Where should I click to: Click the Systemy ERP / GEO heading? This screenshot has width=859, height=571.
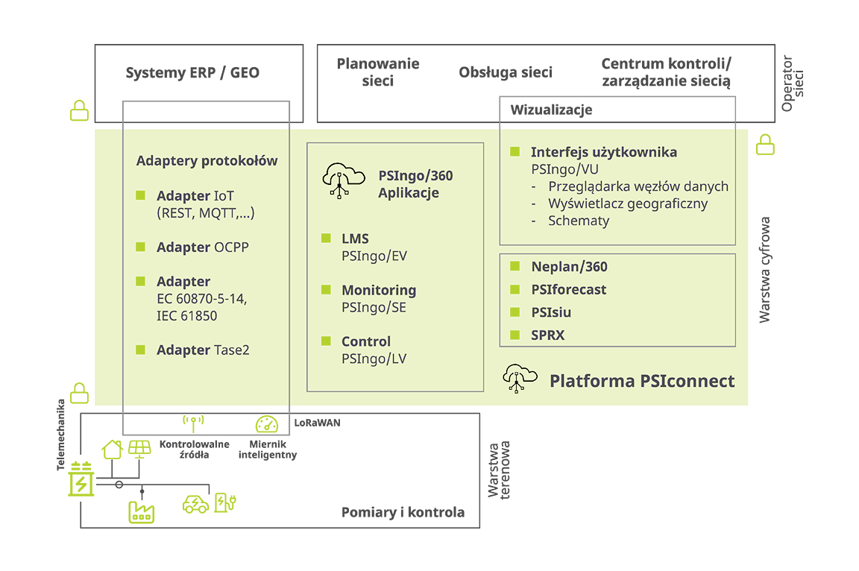192,73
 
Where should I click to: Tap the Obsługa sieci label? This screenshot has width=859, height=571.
506,72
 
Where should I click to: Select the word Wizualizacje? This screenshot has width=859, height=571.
551,110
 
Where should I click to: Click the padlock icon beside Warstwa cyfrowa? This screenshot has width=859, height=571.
765,145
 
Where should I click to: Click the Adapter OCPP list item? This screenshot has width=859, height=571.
203,247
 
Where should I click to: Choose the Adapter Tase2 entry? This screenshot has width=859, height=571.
203,350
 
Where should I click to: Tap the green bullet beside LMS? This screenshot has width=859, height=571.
326,238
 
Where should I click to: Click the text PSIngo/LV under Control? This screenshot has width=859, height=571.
374,359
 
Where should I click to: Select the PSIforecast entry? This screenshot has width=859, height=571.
569,290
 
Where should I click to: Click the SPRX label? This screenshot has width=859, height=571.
548,335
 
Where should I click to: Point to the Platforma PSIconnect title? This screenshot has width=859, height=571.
642,381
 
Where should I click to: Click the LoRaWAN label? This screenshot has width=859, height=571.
317,423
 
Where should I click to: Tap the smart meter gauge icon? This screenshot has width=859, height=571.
267,424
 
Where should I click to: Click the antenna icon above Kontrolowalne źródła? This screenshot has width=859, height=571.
193,423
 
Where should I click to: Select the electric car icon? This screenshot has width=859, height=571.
195,504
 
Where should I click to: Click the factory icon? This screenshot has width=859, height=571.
142,512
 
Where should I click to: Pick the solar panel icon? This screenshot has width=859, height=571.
139,449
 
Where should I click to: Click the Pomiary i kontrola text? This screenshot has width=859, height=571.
403,512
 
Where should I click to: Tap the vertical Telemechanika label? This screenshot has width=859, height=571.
61,434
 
